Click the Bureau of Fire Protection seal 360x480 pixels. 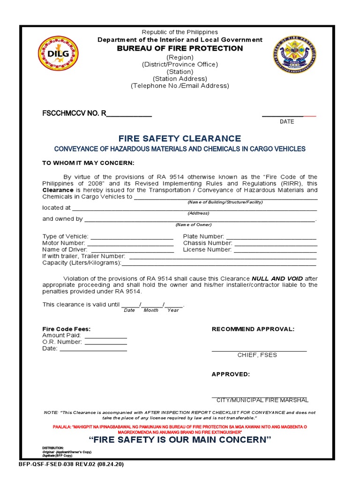(x=294, y=54)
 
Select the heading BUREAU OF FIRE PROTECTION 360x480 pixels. (x=180, y=48)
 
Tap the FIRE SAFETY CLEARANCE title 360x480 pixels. (x=180, y=138)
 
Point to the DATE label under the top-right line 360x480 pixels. (x=287, y=121)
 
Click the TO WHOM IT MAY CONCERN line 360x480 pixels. (x=88, y=163)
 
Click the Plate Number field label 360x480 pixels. (x=203, y=237)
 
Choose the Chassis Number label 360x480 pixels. (x=208, y=243)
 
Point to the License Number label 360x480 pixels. (x=207, y=250)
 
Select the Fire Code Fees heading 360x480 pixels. (x=67, y=329)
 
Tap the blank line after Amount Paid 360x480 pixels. (x=105, y=336)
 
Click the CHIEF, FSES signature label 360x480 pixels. (x=257, y=355)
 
